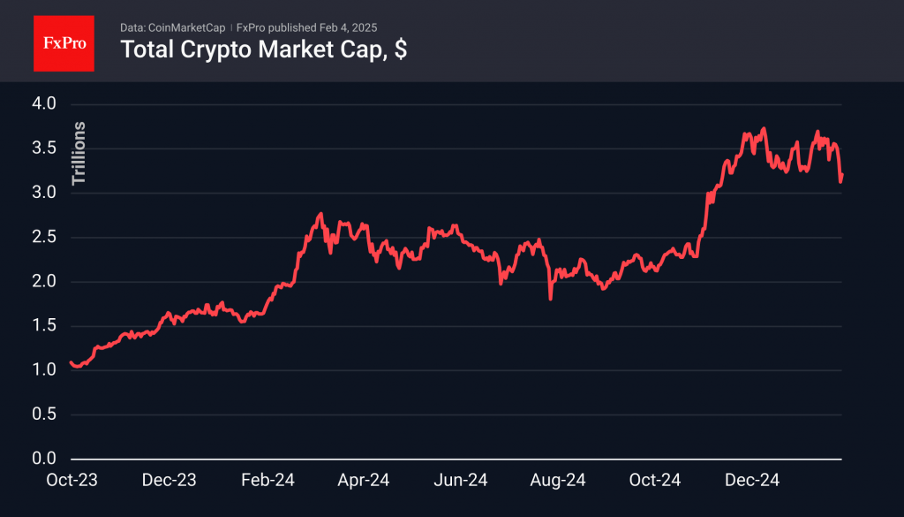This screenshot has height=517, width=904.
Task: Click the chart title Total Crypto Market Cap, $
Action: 263,50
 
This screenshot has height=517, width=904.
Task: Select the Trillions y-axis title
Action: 79,153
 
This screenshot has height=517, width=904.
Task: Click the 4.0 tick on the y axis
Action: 44,104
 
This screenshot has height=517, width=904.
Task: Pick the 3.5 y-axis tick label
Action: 44,148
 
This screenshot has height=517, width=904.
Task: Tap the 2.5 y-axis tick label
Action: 44,237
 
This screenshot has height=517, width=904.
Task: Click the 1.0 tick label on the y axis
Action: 44,370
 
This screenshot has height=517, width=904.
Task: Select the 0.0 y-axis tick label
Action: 44,459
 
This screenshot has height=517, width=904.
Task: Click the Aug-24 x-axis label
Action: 558,481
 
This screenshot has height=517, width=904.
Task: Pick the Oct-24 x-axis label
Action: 655,481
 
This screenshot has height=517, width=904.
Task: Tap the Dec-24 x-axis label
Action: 752,481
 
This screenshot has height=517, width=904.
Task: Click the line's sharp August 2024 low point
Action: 550,299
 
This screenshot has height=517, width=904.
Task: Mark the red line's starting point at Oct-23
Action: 70,362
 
